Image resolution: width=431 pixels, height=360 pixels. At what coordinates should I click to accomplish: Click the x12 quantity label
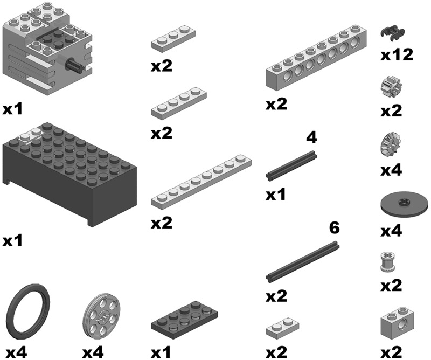397,55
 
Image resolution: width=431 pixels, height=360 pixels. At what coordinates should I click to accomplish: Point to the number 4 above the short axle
311,137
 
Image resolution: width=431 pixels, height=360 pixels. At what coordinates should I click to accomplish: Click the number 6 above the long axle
334,228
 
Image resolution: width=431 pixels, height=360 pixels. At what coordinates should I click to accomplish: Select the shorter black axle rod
291,165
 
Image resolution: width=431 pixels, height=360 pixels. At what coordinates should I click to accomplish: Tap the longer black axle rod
302,261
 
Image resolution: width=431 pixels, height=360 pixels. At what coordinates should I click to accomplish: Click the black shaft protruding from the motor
73,66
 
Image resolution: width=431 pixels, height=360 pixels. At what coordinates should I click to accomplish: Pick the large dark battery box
69,175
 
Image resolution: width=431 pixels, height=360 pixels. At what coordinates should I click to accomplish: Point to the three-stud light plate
173,39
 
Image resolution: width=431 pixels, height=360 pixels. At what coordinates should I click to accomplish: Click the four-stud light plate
179,103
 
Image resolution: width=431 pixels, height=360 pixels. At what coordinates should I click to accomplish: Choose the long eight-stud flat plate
201,181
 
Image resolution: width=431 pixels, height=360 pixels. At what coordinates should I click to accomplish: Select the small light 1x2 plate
282,327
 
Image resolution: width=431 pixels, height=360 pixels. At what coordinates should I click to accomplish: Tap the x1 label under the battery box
12,241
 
